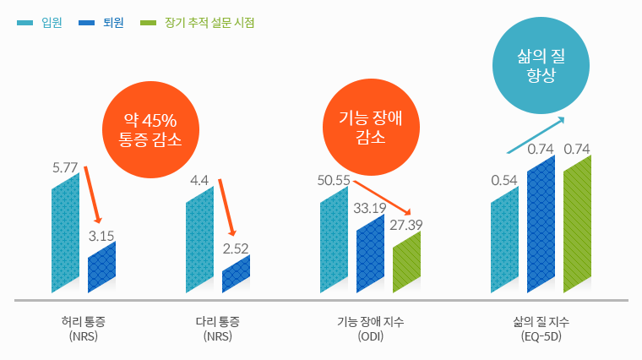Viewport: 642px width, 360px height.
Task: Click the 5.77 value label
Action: (x=65, y=167)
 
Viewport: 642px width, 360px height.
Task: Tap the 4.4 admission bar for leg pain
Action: (x=199, y=241)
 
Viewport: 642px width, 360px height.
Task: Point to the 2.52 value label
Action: (x=236, y=248)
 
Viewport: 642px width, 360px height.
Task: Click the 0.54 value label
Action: (x=504, y=180)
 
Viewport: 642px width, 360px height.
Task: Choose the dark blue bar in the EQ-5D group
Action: (x=541, y=224)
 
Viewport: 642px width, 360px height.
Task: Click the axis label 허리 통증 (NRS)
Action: (x=84, y=328)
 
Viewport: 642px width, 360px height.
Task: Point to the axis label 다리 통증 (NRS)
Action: (x=217, y=328)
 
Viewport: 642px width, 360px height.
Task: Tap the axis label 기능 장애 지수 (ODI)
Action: (x=370, y=328)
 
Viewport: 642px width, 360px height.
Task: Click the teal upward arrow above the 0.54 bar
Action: (x=536, y=134)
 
